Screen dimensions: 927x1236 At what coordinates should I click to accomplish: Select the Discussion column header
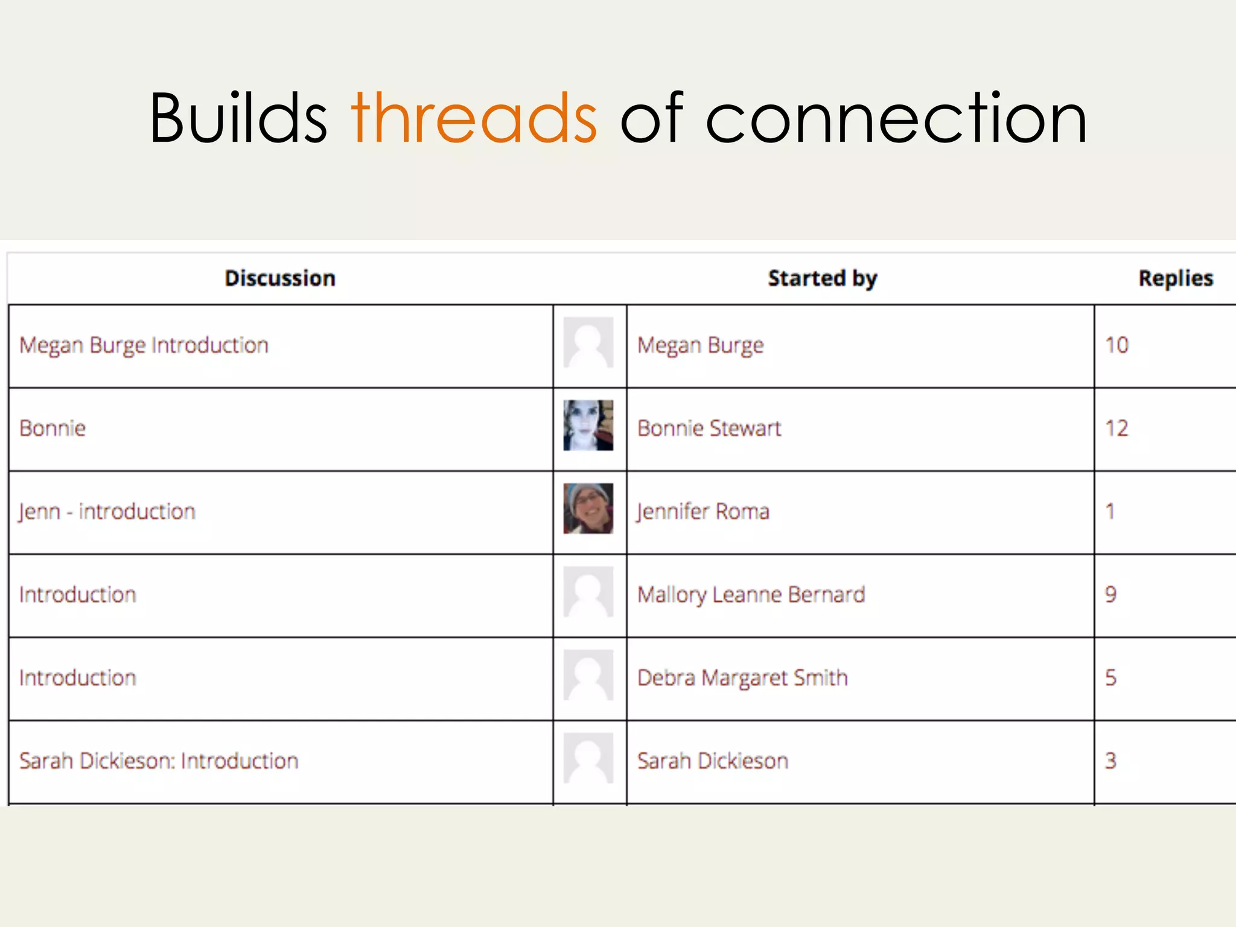(x=280, y=278)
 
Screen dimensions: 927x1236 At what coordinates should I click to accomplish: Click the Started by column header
(x=823, y=278)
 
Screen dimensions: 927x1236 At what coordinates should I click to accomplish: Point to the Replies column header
(x=1176, y=278)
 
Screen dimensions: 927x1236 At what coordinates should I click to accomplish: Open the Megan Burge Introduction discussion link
(x=144, y=345)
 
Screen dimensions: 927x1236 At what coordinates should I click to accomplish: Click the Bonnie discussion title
(x=53, y=428)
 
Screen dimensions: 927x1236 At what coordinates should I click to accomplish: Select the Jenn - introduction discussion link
(x=107, y=512)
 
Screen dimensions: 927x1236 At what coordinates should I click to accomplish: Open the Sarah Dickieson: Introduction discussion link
(x=159, y=761)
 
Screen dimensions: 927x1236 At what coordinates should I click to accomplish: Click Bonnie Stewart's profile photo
(x=588, y=425)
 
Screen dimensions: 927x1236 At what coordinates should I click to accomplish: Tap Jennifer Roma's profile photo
(x=588, y=508)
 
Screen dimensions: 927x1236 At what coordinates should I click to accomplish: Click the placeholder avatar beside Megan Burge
(x=588, y=342)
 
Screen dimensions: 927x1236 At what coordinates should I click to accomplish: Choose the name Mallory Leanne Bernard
(x=751, y=595)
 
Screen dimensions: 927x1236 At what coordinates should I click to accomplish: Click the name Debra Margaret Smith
(x=743, y=678)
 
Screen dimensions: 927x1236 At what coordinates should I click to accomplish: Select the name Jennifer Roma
(x=704, y=512)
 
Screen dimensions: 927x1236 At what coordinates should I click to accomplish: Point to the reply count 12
(x=1117, y=428)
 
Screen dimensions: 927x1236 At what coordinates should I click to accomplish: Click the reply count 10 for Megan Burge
(x=1117, y=345)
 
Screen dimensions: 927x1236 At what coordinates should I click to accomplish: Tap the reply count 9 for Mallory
(x=1111, y=595)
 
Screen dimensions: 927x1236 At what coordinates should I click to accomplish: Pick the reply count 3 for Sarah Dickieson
(x=1111, y=761)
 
